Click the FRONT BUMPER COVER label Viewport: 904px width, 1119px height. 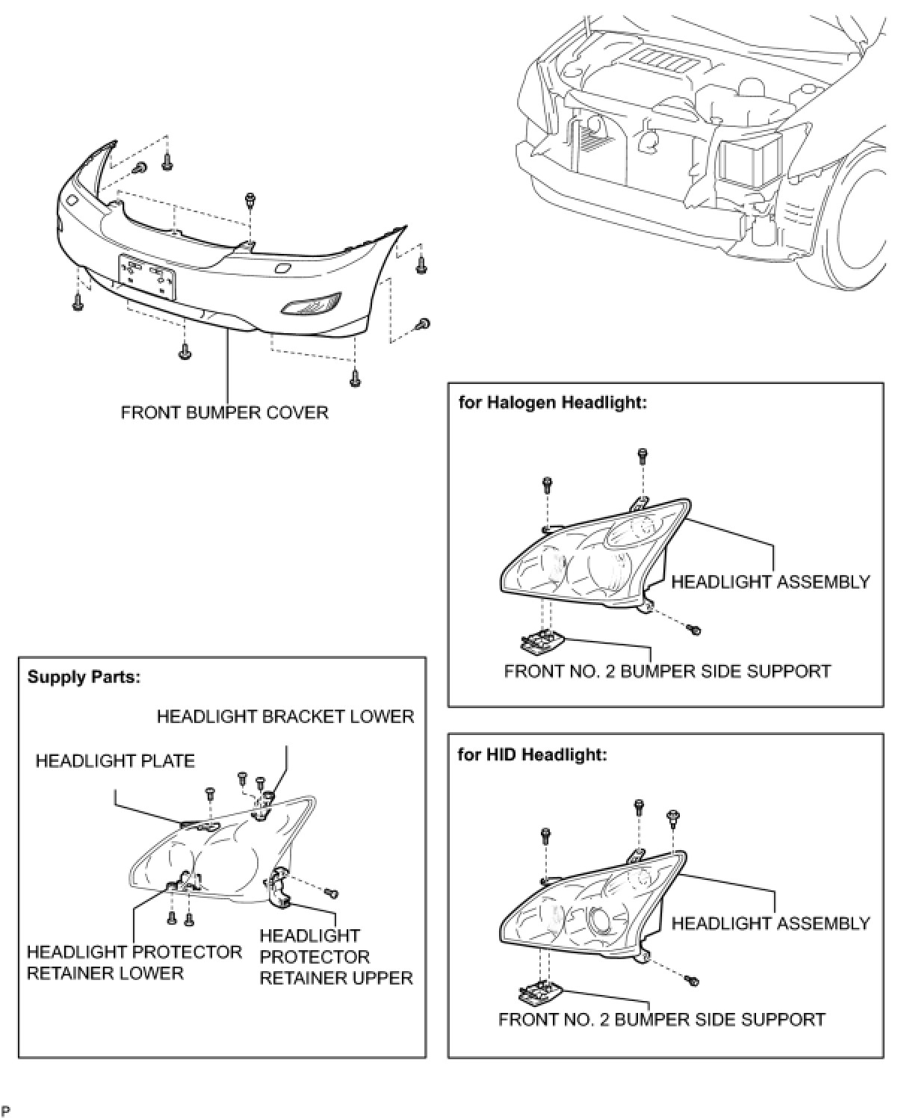[x=224, y=412]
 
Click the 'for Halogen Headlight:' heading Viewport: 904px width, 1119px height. [x=552, y=403]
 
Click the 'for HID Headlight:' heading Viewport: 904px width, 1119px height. [x=532, y=754]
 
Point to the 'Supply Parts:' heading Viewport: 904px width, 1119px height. [x=84, y=678]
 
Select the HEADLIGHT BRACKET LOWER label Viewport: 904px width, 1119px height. [x=285, y=716]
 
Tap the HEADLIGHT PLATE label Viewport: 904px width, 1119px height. [x=115, y=761]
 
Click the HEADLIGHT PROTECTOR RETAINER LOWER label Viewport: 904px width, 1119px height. [x=134, y=962]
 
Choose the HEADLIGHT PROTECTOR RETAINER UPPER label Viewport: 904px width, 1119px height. [x=335, y=956]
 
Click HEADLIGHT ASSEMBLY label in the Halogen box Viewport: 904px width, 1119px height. [x=770, y=582]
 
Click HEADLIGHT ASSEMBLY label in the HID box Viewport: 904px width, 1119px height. [x=770, y=923]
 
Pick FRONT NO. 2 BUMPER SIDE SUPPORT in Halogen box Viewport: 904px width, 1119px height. [x=667, y=671]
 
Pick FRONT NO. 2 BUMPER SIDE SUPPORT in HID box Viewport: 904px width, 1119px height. [x=662, y=1019]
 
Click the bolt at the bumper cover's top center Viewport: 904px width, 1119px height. [x=249, y=199]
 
